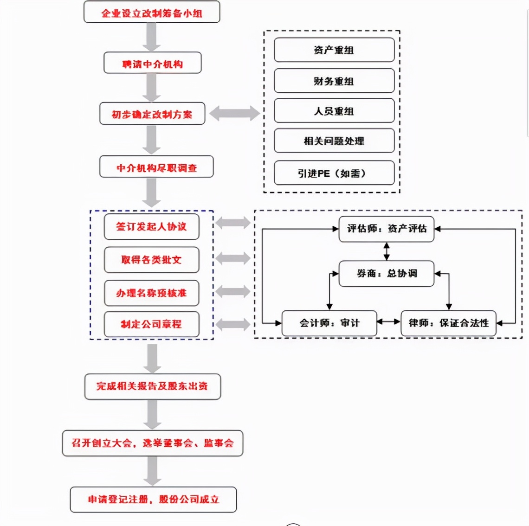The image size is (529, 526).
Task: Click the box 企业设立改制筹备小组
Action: click(x=152, y=13)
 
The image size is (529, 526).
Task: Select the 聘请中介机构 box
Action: click(x=152, y=64)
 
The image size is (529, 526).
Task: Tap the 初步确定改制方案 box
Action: click(x=152, y=114)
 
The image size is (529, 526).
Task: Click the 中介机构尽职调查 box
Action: click(x=156, y=167)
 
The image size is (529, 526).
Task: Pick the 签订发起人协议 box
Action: click(x=151, y=226)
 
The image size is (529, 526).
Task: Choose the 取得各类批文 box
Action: click(x=151, y=260)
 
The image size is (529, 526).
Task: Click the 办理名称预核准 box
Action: click(x=151, y=293)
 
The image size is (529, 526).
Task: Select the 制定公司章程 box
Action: click(x=151, y=324)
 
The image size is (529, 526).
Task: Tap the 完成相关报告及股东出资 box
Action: click(x=152, y=386)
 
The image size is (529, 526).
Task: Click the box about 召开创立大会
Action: click(x=152, y=443)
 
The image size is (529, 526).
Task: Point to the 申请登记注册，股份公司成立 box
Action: click(x=153, y=500)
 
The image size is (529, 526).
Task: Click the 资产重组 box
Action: click(x=334, y=50)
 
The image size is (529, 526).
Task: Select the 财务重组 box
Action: click(x=334, y=81)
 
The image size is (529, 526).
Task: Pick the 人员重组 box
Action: click(x=334, y=111)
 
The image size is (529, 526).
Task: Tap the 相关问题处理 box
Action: click(x=334, y=141)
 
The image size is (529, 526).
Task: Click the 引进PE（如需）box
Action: click(x=334, y=173)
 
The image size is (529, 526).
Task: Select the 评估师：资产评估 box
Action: click(x=386, y=229)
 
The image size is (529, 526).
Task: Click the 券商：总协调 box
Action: click(x=386, y=274)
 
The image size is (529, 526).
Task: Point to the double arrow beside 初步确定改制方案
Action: click(x=234, y=113)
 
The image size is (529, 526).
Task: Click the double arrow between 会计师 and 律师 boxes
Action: click(x=388, y=321)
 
